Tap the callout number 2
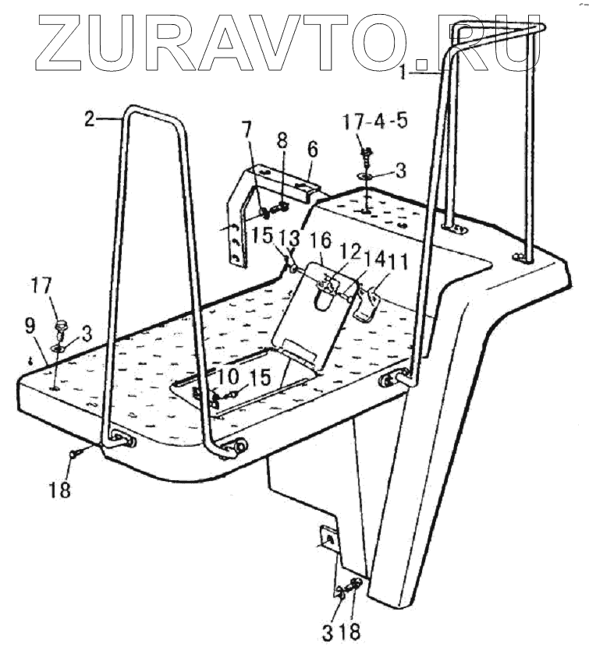90,119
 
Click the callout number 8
282,141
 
